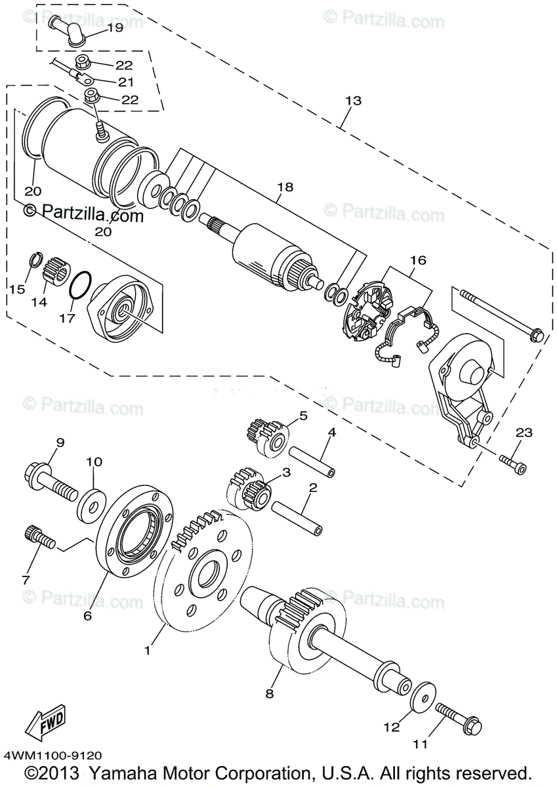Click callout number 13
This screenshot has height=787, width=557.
click(x=353, y=101)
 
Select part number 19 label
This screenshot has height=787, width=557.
click(x=114, y=28)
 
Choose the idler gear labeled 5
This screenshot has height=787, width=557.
click(x=268, y=436)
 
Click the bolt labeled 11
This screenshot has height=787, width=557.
click(x=457, y=720)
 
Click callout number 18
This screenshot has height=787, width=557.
click(x=284, y=187)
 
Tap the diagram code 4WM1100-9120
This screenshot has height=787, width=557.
click(x=52, y=756)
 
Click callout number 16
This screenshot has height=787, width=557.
click(x=418, y=260)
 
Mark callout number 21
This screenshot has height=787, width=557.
click(x=125, y=82)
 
